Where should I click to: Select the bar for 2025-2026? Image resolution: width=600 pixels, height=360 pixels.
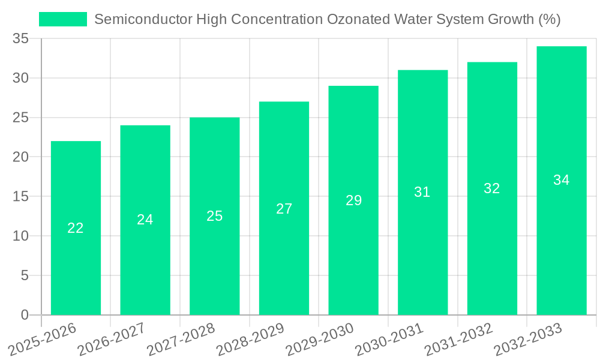tap(76, 228)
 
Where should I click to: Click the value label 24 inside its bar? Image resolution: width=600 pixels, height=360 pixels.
tap(145, 220)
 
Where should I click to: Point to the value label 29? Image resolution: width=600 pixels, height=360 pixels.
tap(353, 200)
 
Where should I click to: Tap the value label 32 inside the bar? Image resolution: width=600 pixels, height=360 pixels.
tap(491, 188)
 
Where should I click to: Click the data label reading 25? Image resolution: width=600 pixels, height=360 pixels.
tap(214, 216)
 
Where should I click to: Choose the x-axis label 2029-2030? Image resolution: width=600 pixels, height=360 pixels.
tap(320, 340)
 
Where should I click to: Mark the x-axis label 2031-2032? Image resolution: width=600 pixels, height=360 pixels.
tap(459, 340)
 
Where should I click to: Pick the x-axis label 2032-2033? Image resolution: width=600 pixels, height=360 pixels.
tap(528, 340)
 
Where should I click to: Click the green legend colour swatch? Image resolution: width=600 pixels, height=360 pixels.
tap(63, 19)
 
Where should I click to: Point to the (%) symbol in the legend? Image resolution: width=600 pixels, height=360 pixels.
tap(549, 19)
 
